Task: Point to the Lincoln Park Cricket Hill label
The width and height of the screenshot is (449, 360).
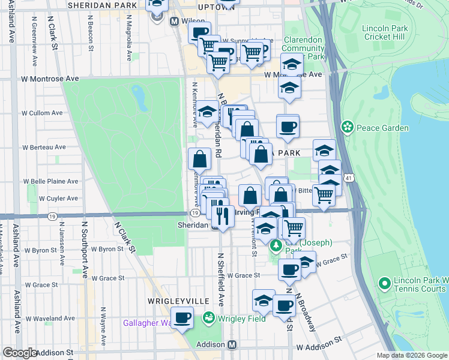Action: click(x=385, y=32)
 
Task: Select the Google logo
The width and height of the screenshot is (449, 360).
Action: click(x=20, y=353)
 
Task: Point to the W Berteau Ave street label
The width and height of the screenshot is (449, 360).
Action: click(x=44, y=146)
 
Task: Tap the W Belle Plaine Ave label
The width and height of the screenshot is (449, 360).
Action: click(x=51, y=181)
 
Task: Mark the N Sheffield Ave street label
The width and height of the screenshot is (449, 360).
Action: click(x=220, y=288)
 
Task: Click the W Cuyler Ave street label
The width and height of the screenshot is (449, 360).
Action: click(x=59, y=198)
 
